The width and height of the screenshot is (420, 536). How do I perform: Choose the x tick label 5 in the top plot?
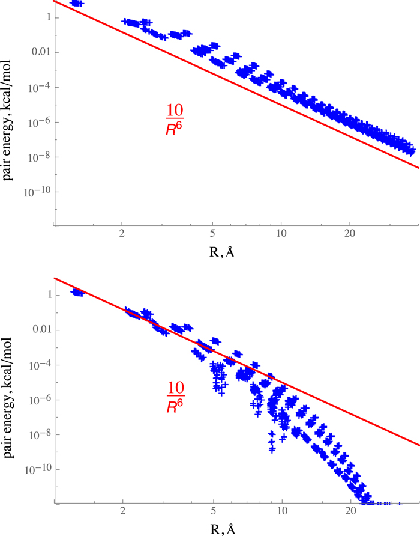click(212, 236)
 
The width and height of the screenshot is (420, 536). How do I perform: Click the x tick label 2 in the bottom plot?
click(122, 513)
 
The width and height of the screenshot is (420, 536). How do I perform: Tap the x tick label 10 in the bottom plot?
click(281, 513)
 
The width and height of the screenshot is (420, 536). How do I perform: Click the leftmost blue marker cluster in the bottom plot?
click(77, 292)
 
